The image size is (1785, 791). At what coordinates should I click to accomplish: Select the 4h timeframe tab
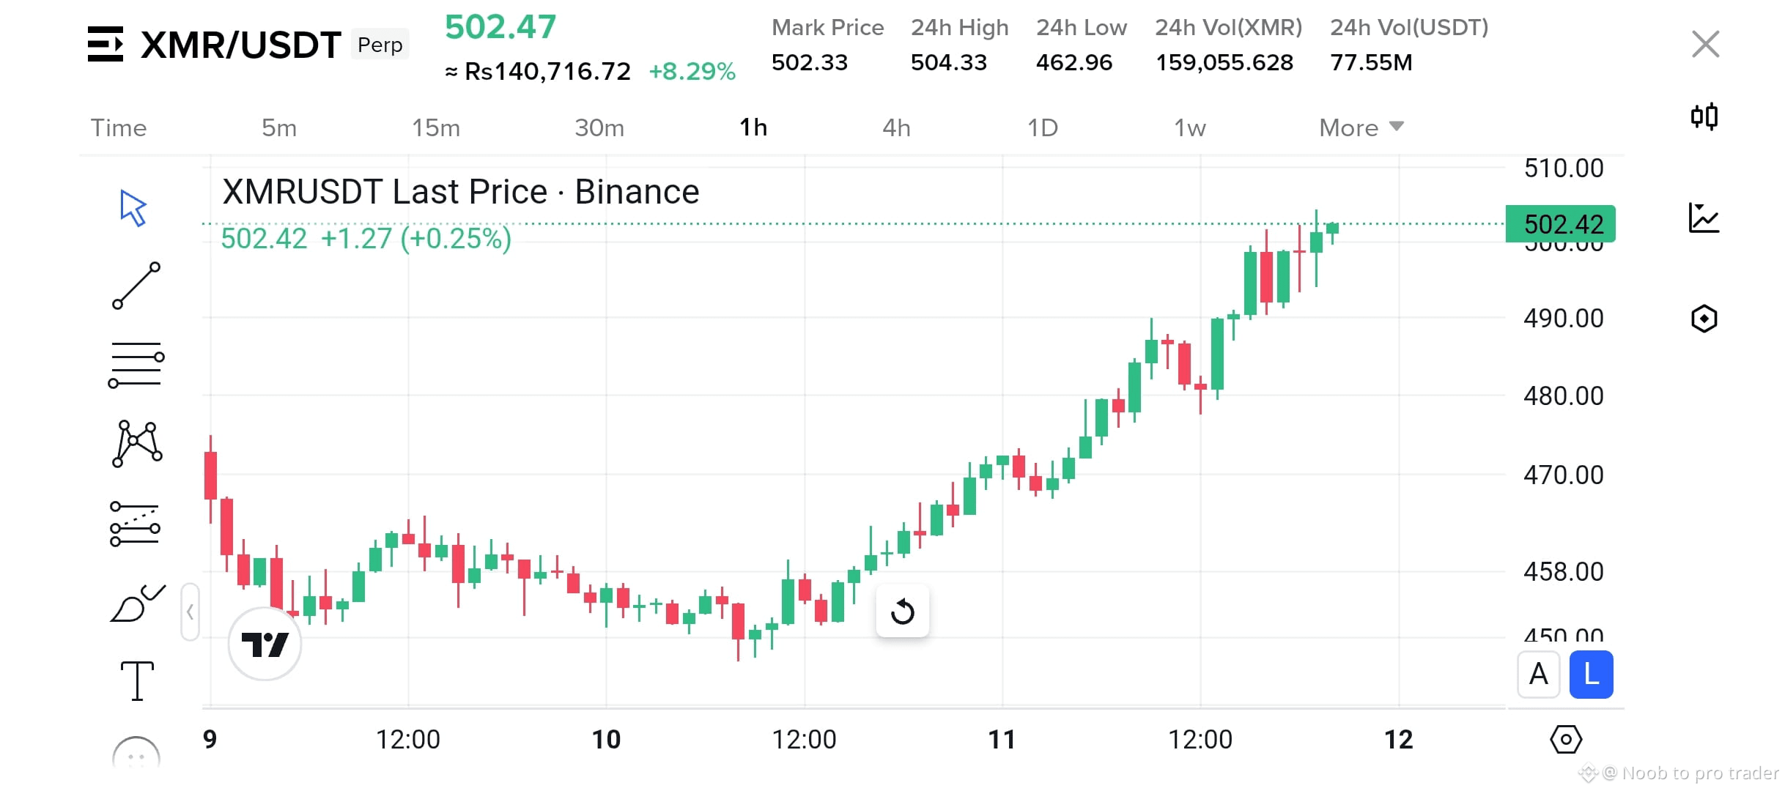coord(895,128)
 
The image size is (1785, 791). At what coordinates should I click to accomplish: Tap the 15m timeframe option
coord(436,128)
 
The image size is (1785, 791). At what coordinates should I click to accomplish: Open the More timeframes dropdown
coord(1360,128)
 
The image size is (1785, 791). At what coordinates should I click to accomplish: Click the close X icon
coord(1705,45)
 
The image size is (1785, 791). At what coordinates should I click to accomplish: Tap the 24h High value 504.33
coord(948,63)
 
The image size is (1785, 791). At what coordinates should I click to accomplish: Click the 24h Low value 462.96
coord(1073,63)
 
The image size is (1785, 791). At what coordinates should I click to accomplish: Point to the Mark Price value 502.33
coord(809,63)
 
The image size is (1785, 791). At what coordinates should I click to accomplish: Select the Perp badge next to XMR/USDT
coord(380,45)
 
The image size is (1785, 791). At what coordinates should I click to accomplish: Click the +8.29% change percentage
coord(692,72)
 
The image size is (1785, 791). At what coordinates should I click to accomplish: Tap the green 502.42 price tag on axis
coord(1561,224)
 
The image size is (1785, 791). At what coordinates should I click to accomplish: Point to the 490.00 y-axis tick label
coord(1563,319)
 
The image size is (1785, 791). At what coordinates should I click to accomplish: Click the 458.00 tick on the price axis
coord(1563,571)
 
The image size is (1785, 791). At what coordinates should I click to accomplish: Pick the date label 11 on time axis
coord(1002,740)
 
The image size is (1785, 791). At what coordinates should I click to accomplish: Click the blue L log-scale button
coord(1591,675)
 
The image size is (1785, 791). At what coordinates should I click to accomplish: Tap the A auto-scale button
coord(1538,675)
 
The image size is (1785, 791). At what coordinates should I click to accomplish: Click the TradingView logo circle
coord(265,645)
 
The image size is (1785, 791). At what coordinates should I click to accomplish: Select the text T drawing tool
coord(137,680)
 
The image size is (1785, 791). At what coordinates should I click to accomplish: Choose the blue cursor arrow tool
coord(133,209)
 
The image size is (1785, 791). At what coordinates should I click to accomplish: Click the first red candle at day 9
coord(210,476)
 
